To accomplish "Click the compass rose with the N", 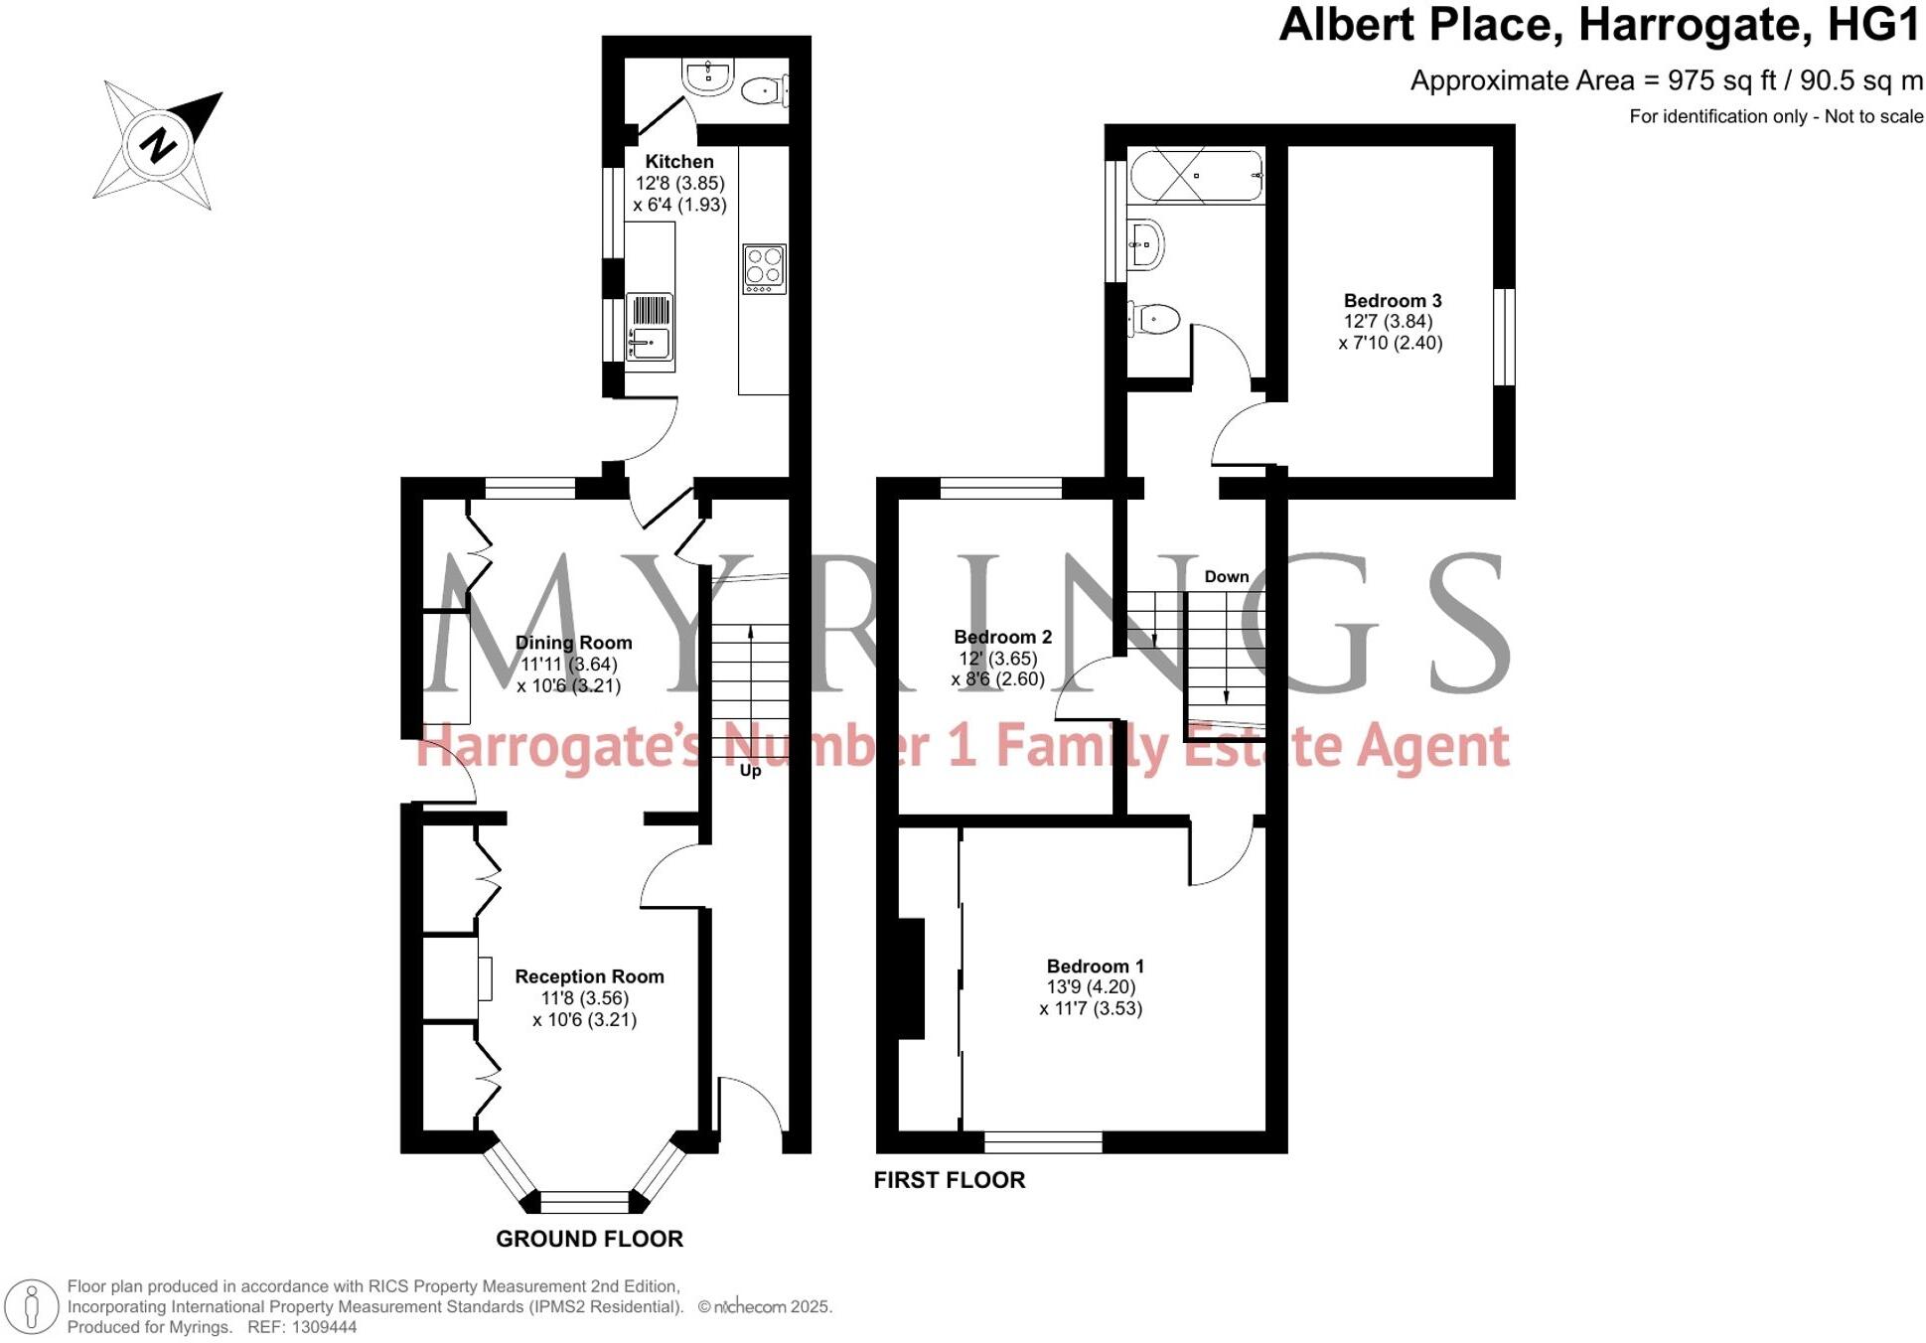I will click(157, 144).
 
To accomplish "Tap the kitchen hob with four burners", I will click(764, 268).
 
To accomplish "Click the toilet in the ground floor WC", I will click(765, 90).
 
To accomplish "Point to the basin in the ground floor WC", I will click(708, 76).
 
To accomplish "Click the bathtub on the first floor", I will click(1196, 176).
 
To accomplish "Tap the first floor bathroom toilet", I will click(1153, 320).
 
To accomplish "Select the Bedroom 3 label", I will click(1392, 300).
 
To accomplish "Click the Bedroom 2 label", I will click(1002, 637).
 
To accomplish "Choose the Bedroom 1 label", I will click(1095, 966).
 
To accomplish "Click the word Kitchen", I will click(679, 161).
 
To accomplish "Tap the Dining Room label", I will click(573, 643).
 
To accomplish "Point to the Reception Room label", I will click(589, 976).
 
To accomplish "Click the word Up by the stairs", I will click(750, 770).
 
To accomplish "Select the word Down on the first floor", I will click(1226, 576).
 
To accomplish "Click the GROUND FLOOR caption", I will click(589, 1239).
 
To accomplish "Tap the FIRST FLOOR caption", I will click(949, 1179).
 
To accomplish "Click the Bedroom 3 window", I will click(1504, 336).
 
